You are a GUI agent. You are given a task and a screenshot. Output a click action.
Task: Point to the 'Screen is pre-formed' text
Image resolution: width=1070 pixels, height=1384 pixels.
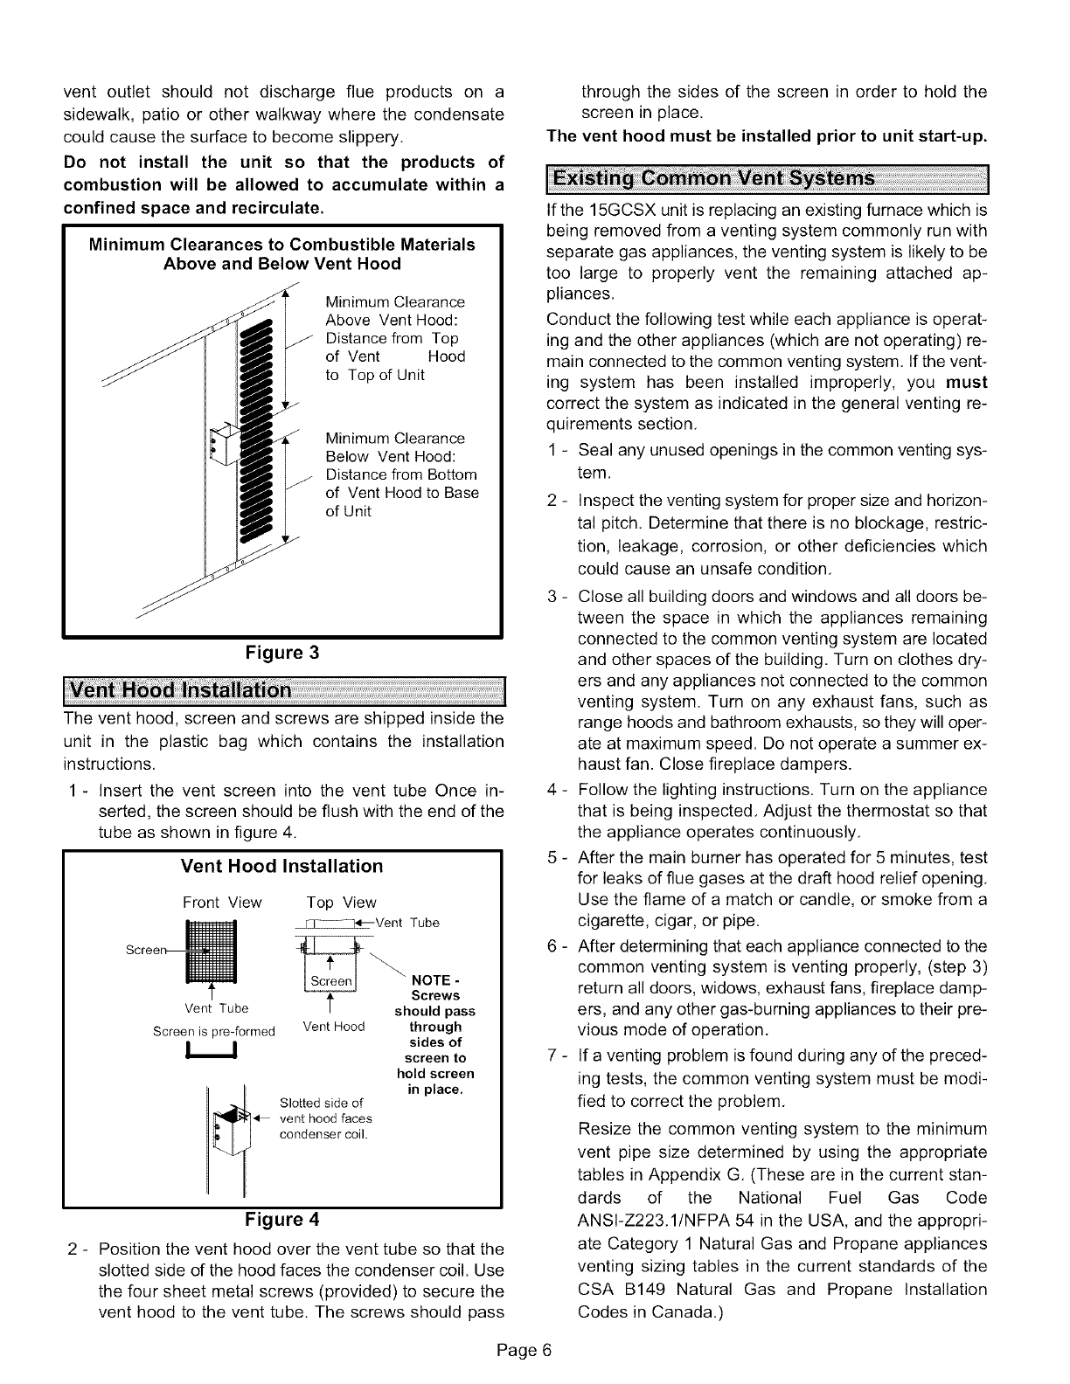pyautogui.click(x=214, y=1031)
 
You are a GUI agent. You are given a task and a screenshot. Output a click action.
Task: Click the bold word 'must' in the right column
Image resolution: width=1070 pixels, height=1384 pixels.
pyautogui.click(x=968, y=383)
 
